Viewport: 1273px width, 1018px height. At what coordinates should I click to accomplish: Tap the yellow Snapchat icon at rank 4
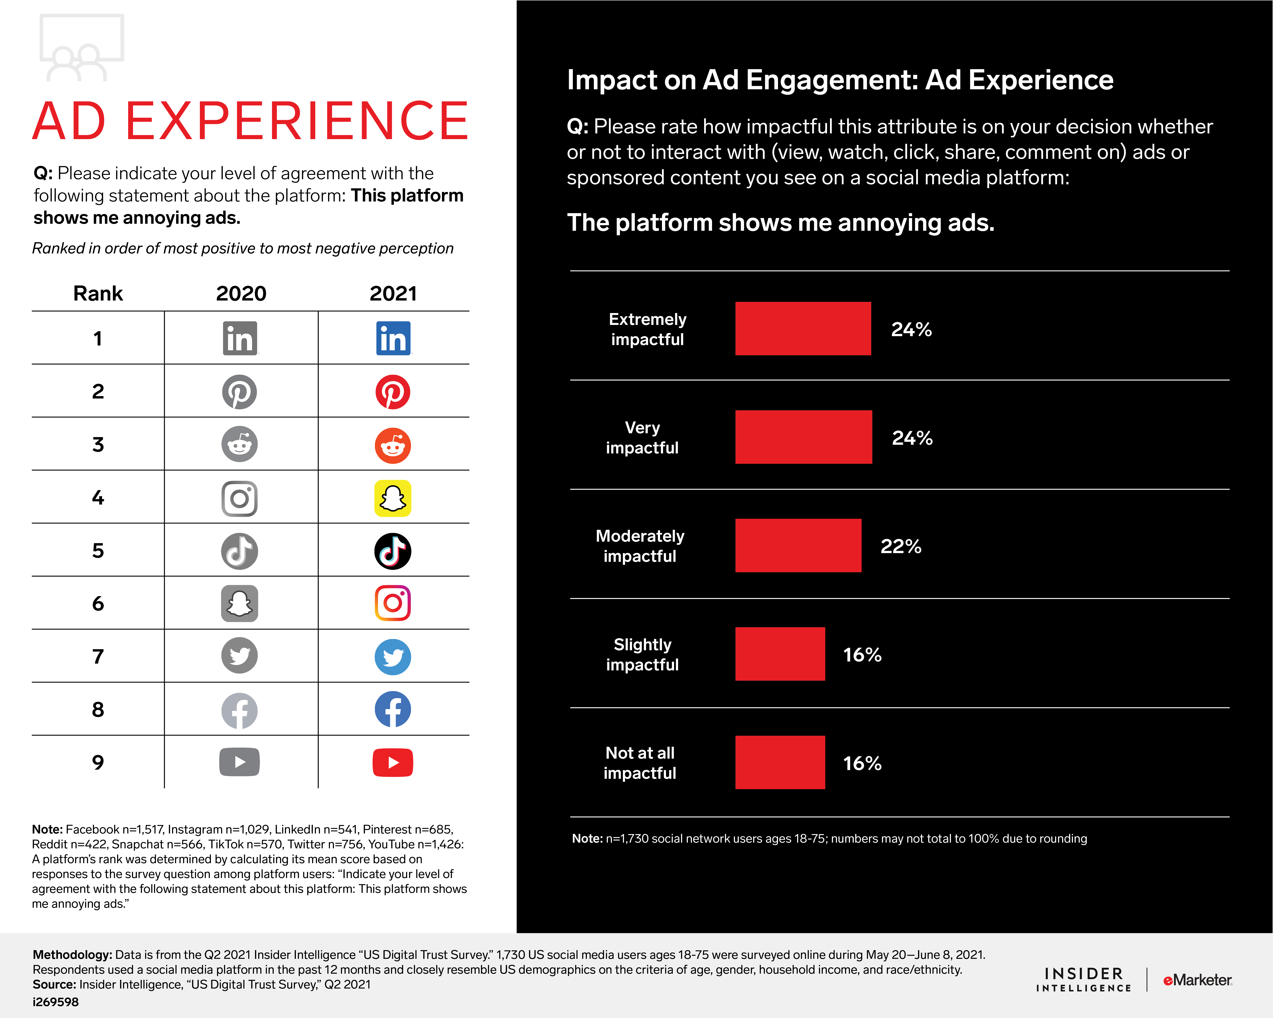pos(393,498)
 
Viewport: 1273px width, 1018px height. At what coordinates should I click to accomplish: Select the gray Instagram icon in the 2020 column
pos(239,498)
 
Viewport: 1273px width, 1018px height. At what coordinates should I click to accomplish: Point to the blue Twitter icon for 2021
pos(393,656)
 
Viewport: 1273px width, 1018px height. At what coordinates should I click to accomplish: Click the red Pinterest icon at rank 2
pos(393,392)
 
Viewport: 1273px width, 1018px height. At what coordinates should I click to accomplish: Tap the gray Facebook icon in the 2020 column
pos(239,710)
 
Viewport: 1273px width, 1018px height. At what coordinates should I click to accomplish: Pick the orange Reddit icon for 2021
pos(393,446)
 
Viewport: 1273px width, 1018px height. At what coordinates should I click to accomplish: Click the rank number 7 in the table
pos(98,656)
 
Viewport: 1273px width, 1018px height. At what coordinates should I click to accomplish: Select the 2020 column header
pos(241,293)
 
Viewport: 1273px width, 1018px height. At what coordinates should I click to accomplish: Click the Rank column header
pos(98,293)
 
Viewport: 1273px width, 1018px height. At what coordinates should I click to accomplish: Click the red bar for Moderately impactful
pos(798,545)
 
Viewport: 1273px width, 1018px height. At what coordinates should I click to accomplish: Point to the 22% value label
pos(900,547)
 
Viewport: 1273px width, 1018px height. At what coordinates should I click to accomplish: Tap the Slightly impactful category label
pos(642,654)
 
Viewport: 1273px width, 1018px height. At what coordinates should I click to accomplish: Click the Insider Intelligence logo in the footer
pos(1084,980)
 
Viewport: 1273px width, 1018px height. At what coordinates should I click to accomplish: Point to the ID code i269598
pos(56,1002)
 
